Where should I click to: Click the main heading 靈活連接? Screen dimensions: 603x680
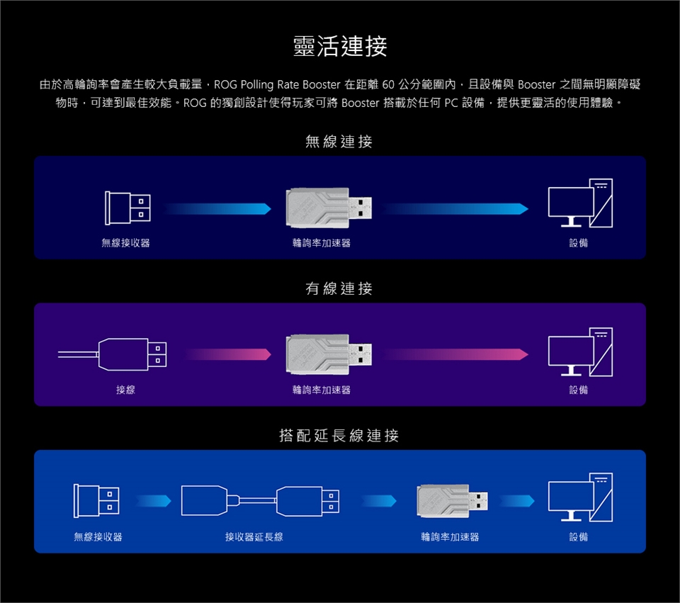[340, 47]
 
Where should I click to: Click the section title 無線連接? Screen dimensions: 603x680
[339, 142]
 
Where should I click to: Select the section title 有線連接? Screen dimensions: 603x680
[339, 288]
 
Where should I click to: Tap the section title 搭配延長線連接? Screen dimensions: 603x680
[339, 435]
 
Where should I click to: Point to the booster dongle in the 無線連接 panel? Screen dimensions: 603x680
[329, 208]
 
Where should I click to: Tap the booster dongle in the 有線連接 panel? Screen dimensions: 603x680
[329, 354]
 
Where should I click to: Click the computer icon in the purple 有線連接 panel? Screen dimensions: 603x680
[580, 351]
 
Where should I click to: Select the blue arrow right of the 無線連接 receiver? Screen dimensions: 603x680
[217, 208]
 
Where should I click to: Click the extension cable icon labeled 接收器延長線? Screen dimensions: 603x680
[261, 501]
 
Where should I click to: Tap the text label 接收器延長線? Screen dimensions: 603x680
[254, 537]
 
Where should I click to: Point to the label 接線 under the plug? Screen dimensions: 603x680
[125, 390]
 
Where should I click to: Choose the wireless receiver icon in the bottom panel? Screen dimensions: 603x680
[98, 501]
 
